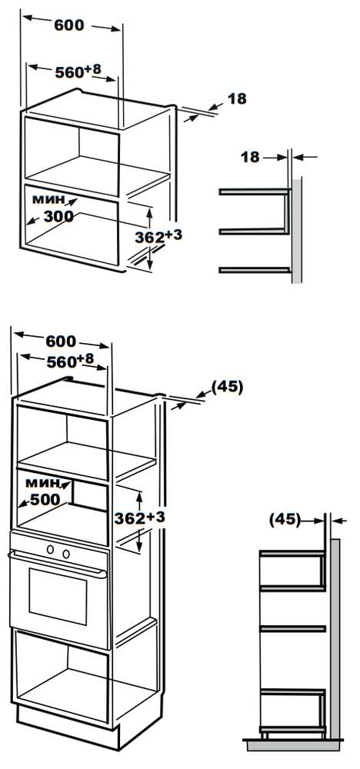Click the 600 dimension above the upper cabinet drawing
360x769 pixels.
[69, 25]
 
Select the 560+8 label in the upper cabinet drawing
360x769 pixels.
[78, 71]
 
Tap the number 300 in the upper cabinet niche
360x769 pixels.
[58, 216]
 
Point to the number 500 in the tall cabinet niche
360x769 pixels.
[45, 499]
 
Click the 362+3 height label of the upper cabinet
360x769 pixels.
[158, 236]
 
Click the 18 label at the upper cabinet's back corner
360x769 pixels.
[237, 98]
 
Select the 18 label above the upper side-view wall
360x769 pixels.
[250, 157]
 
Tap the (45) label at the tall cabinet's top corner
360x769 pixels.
[227, 387]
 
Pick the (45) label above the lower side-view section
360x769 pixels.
[285, 519]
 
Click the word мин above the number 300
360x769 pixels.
[48, 199]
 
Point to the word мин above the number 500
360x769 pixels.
[42, 483]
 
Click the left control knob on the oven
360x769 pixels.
[50, 549]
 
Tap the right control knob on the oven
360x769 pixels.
[65, 554]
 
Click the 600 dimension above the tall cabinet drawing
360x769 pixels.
[61, 341]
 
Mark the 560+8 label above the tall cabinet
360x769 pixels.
[70, 361]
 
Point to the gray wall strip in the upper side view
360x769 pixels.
[297, 230]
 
